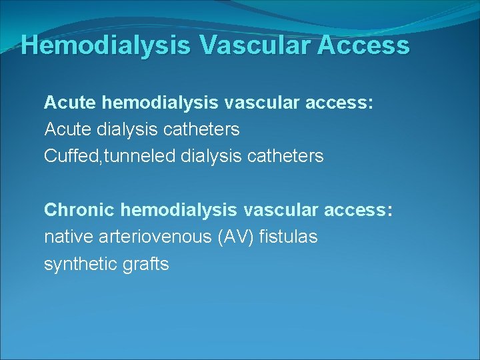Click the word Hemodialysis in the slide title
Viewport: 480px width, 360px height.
click(106, 45)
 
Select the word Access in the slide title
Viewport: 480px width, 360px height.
click(365, 45)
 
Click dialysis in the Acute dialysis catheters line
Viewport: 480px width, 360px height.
click(127, 129)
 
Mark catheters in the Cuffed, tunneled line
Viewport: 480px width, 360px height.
click(285, 157)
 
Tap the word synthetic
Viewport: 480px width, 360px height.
click(79, 264)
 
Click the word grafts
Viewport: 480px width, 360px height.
click(146, 264)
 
